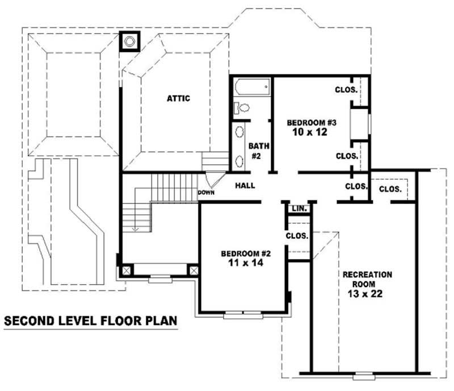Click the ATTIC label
[x=178, y=98]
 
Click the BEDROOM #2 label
[x=244, y=253]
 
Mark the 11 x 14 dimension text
[x=245, y=263]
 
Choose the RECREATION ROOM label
[x=367, y=279]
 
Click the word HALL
[x=245, y=185]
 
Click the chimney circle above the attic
[x=130, y=41]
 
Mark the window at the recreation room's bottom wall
[x=363, y=375]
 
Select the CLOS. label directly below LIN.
[x=297, y=235]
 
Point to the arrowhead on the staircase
[x=136, y=229]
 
